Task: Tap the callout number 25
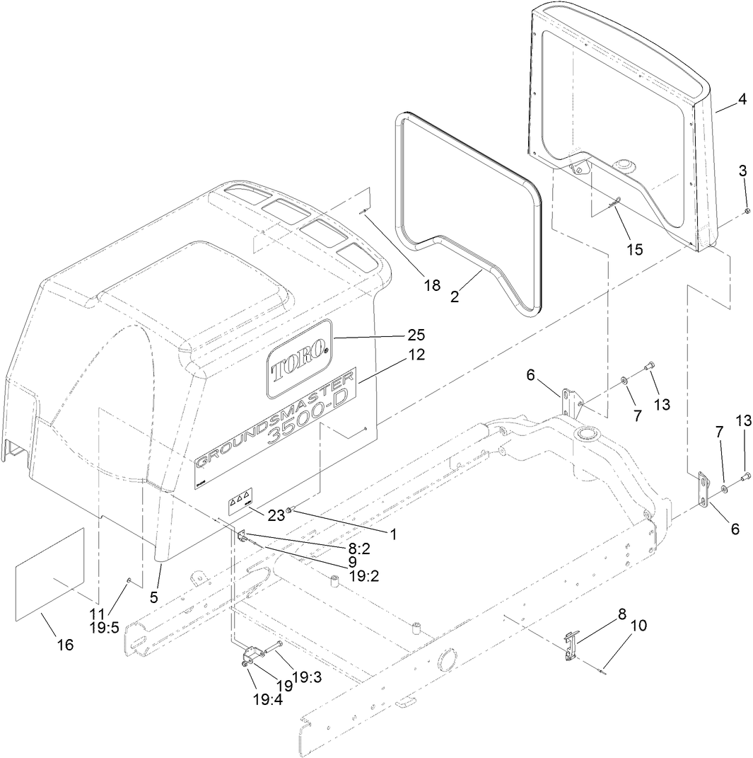416,333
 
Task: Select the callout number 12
416,355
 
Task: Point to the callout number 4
741,100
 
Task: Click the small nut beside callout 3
747,211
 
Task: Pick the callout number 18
431,285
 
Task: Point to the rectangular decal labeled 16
49,574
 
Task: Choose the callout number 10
638,626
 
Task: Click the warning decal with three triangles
238,503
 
